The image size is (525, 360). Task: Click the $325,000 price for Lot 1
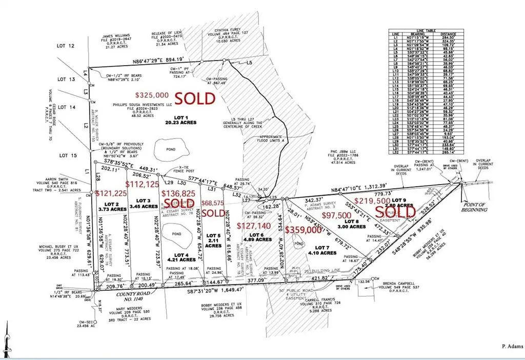coord(152,95)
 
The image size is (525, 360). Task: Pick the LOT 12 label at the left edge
coord(67,47)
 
